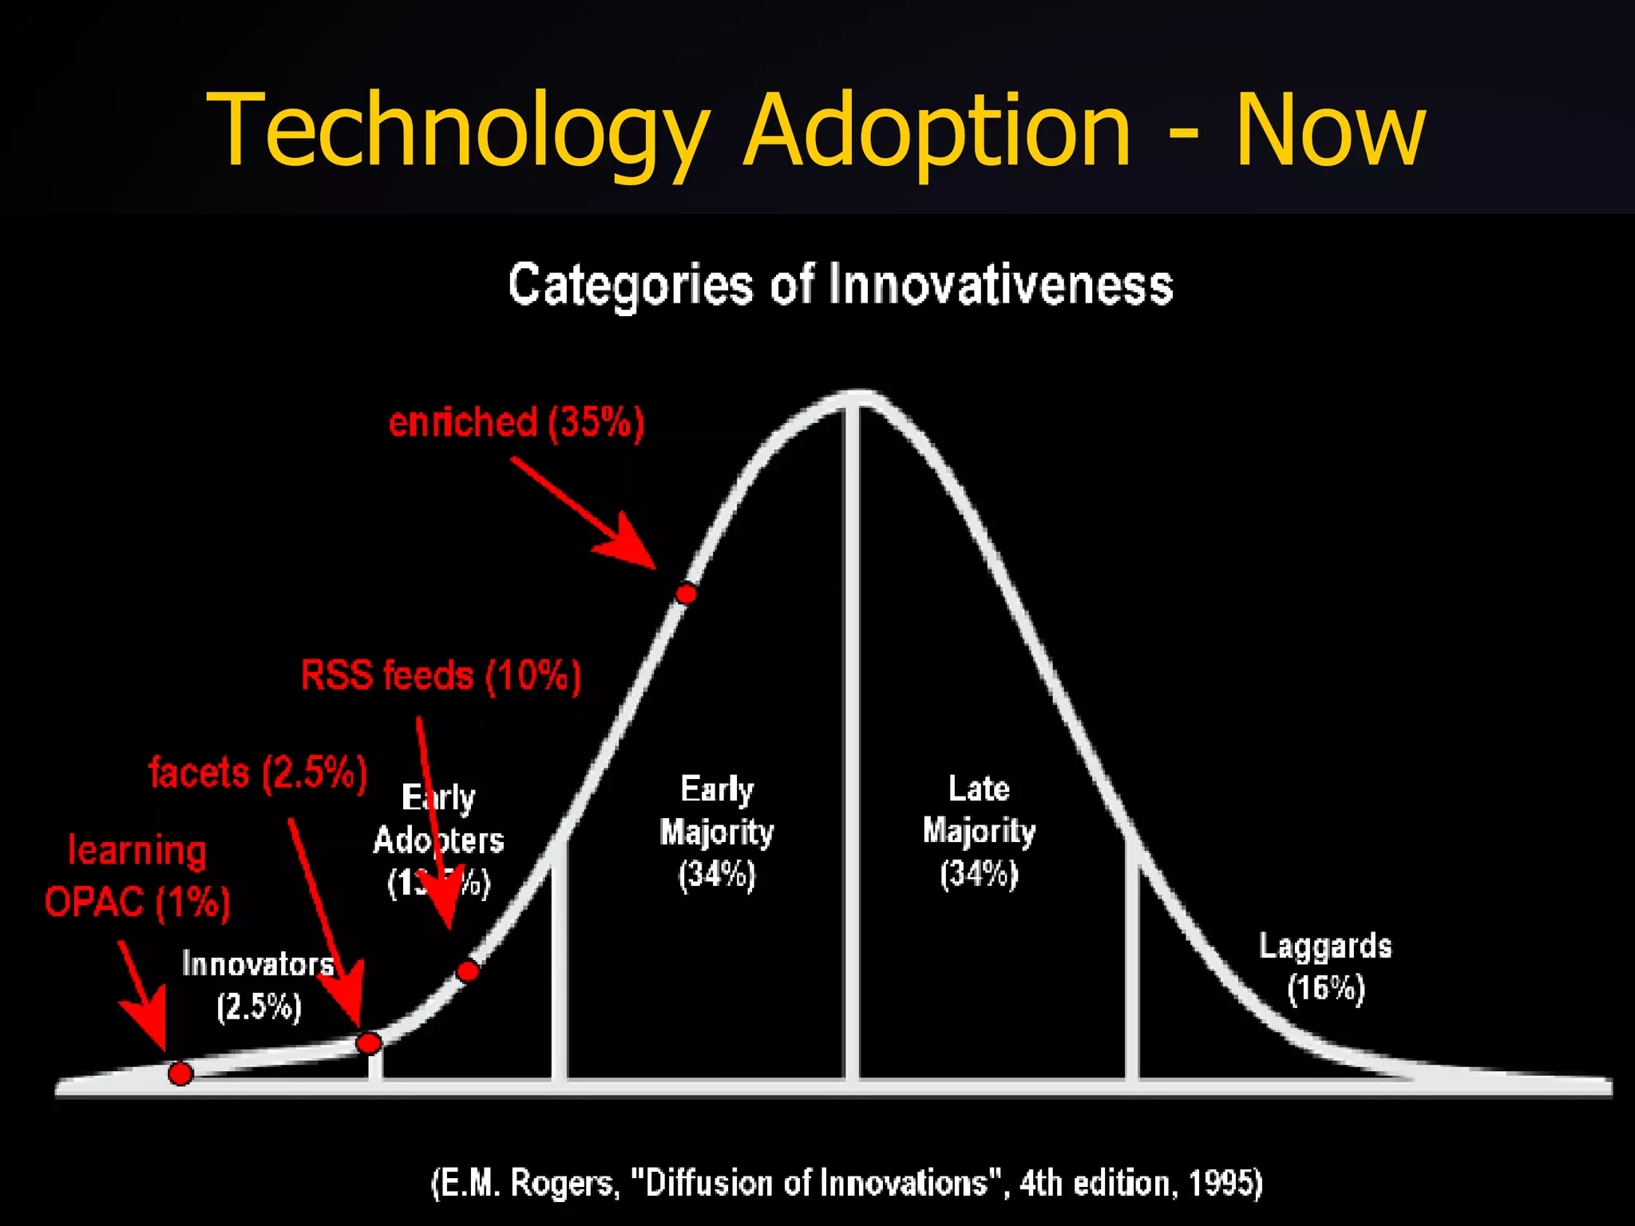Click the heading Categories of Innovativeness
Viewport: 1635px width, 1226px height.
840,285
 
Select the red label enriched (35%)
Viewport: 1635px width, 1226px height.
516,422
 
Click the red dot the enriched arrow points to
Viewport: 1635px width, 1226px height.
686,593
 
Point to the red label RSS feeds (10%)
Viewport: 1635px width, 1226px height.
441,676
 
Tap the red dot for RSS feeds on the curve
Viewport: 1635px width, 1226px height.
468,971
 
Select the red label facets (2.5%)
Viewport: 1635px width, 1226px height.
258,773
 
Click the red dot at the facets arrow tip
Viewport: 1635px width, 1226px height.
368,1042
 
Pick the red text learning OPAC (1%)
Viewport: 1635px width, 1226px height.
137,876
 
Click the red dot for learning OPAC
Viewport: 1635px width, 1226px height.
180,1074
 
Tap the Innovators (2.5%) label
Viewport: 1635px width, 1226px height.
258,985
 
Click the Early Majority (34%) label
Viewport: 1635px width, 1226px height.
716,832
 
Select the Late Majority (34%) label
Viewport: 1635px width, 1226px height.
979,831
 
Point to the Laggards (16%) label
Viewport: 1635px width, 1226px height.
1325,967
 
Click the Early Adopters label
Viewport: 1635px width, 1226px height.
438,840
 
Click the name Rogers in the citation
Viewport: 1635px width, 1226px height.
564,1183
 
